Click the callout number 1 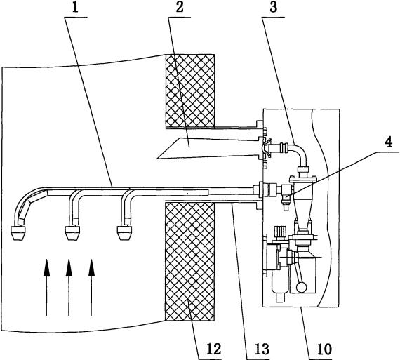75,8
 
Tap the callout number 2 180,8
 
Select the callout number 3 273,8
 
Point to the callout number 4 389,143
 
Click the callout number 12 214,349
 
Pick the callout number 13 262,349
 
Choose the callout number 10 324,349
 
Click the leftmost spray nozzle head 18,233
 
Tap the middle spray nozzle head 73,233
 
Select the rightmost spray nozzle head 124,233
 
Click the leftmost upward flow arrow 46,288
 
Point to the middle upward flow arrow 69,288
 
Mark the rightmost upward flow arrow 91,288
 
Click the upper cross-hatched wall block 190,91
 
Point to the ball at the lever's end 302,287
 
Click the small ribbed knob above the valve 280,232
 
